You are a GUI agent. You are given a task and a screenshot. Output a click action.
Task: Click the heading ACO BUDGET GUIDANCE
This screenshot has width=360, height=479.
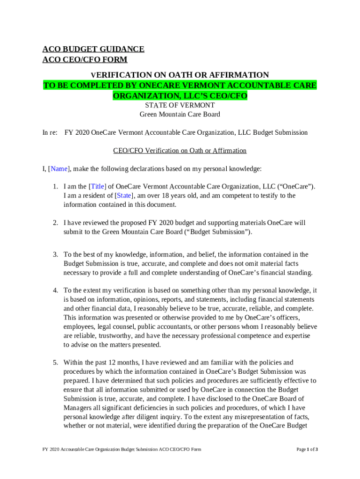click(93, 49)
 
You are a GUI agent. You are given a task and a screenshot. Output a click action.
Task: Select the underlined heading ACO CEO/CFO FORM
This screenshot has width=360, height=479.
click(85, 60)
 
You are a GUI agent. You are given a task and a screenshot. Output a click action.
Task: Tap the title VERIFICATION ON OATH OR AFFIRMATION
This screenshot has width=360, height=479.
click(180, 75)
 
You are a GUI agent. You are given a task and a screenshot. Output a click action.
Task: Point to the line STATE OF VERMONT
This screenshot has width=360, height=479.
click(180, 106)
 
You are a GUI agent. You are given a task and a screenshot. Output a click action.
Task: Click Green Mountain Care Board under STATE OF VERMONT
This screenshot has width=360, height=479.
click(180, 115)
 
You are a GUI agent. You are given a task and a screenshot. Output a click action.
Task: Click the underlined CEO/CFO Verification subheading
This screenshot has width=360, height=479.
click(180, 151)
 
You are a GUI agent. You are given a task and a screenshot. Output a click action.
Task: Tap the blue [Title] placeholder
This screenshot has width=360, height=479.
click(97, 187)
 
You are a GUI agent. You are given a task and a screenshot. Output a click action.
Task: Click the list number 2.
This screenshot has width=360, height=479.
click(55, 223)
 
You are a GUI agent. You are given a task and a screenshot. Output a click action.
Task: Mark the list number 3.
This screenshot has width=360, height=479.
click(55, 255)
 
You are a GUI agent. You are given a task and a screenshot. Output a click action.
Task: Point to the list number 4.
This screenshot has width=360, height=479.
click(55, 291)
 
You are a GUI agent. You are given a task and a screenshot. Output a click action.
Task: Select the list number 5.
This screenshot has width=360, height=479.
click(55, 363)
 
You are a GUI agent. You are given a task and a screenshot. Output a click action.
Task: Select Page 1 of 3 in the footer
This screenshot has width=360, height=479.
click(307, 450)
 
